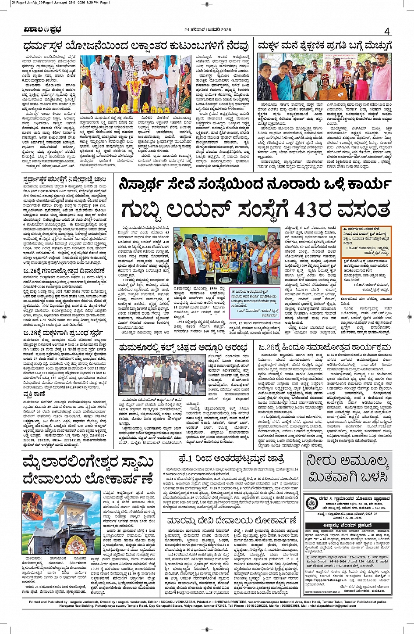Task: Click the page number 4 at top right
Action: pyautogui.click(x=387, y=32)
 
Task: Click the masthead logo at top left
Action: pyautogui.click(x=42, y=30)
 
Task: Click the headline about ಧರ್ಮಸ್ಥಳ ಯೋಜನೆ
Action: pyautogui.click(x=136, y=46)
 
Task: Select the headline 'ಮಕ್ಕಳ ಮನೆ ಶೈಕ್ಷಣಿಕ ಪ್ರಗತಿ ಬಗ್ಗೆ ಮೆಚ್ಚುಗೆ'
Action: pyautogui.click(x=324, y=46)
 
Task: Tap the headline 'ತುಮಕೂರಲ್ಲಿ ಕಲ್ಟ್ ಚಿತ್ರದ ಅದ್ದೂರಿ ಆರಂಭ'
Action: pyautogui.click(x=184, y=347)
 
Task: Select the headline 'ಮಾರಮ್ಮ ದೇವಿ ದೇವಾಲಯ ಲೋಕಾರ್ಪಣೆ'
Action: pyautogui.click(x=232, y=521)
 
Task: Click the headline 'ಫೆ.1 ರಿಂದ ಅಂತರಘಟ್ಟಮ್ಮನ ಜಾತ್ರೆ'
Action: pyautogui.click(x=232, y=459)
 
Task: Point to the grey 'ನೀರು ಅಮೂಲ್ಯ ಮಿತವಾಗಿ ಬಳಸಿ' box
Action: pyautogui.click(x=347, y=469)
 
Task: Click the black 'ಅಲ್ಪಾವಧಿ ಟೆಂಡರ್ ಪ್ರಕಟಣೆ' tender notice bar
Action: pyautogui.click(x=347, y=526)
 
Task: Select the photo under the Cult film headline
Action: pyautogui.click(x=162, y=375)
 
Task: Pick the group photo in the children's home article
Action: pyautogui.click(x=324, y=76)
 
